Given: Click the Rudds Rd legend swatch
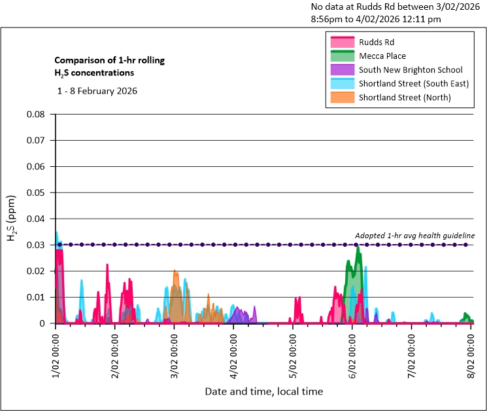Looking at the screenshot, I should [343, 43].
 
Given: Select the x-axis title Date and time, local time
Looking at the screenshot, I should [263, 391].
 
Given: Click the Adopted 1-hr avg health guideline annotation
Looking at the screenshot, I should [414, 236].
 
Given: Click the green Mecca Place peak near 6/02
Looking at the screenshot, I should [358, 248].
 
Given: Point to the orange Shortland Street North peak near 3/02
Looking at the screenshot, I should [175, 272].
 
